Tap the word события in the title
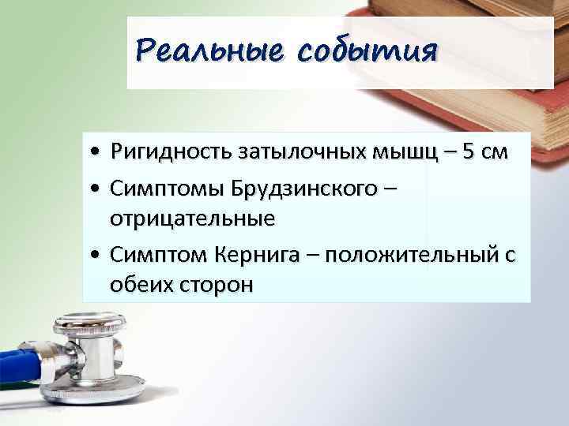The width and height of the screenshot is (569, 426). point(367,52)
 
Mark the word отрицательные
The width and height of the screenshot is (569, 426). point(193,218)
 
